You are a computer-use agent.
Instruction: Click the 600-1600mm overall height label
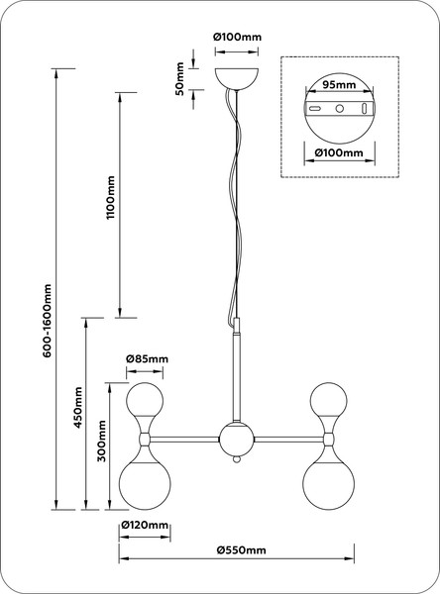pyautogui.click(x=47, y=321)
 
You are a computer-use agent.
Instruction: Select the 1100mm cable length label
pyautogui.click(x=110, y=197)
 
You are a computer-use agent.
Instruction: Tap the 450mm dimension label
pyautogui.click(x=78, y=407)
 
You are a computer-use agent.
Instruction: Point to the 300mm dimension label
pyautogui.click(x=102, y=441)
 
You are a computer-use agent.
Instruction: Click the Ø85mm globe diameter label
pyautogui.click(x=147, y=358)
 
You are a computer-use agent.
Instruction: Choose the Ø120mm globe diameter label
pyautogui.click(x=145, y=525)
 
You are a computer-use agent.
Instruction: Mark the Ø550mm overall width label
pyautogui.click(x=242, y=550)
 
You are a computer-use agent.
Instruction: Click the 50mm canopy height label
pyautogui.click(x=179, y=79)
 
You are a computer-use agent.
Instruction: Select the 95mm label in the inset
pyautogui.click(x=339, y=84)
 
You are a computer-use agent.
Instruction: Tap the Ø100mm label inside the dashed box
pyautogui.click(x=339, y=153)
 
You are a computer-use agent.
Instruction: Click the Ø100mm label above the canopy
pyautogui.click(x=238, y=38)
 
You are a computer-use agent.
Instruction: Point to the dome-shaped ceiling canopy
pyautogui.click(x=237, y=79)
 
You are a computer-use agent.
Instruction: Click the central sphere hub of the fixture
pyautogui.click(x=237, y=440)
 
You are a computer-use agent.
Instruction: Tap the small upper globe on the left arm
pyautogui.click(x=145, y=400)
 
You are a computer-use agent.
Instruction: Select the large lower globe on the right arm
pyautogui.click(x=328, y=484)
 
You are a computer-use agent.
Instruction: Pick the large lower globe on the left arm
pyautogui.click(x=145, y=484)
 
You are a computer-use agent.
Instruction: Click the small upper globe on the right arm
pyautogui.click(x=328, y=400)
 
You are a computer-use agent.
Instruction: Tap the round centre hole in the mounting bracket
pyautogui.click(x=340, y=109)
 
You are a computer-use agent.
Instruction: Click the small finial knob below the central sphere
pyautogui.click(x=237, y=459)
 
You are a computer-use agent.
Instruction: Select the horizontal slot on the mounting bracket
pyautogui.click(x=315, y=109)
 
